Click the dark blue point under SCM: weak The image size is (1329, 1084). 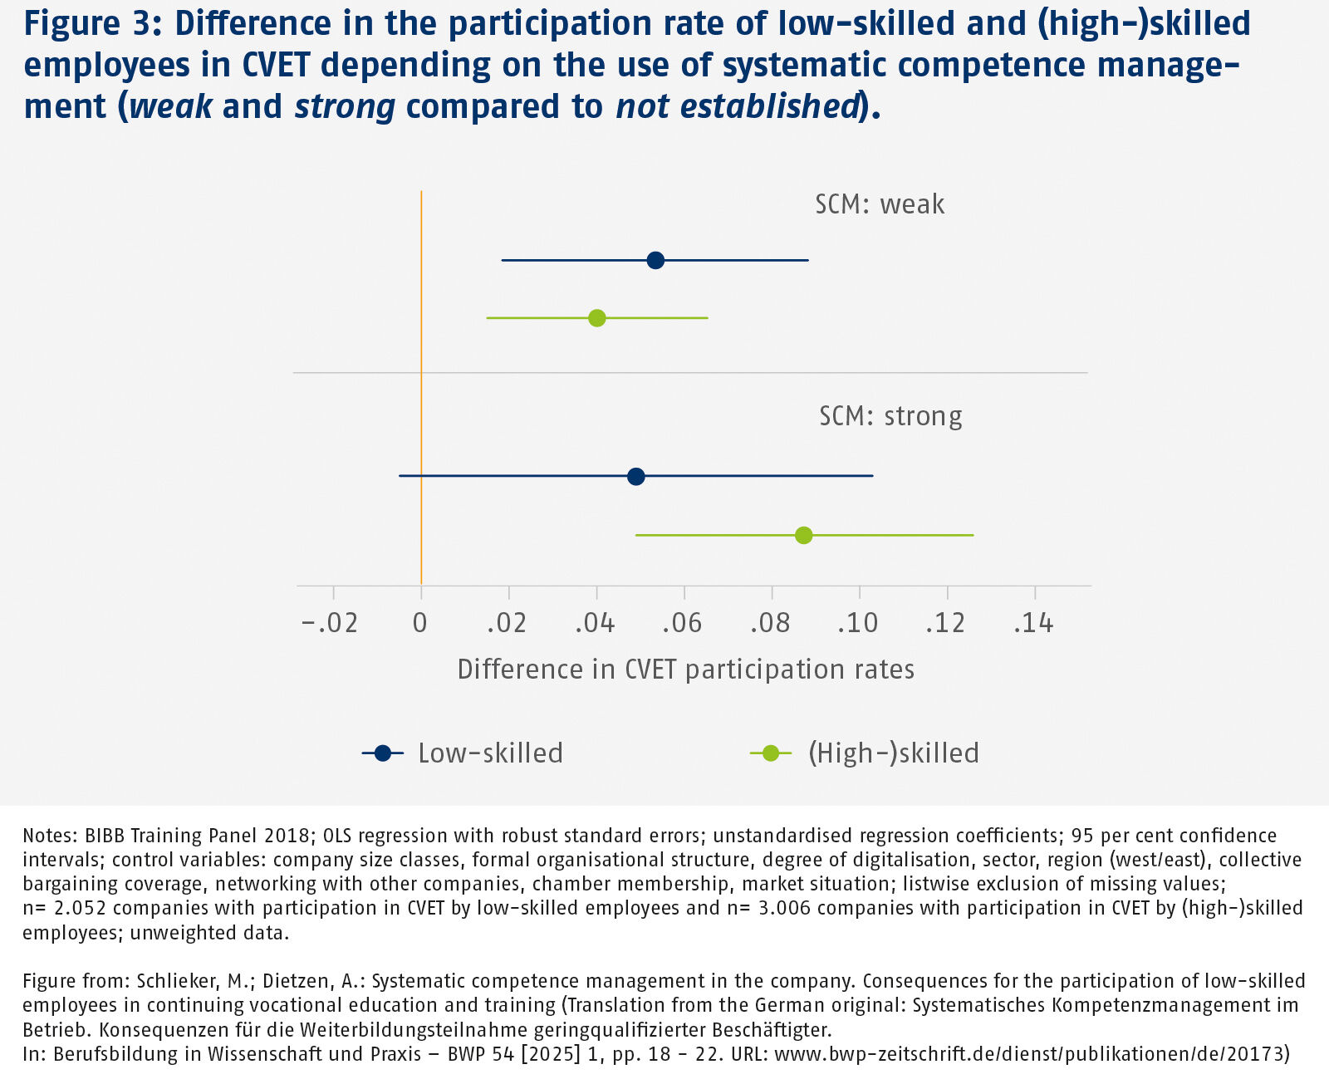point(655,260)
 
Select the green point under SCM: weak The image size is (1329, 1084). point(596,317)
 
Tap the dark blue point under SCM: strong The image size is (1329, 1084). point(636,476)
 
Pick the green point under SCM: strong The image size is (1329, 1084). point(803,535)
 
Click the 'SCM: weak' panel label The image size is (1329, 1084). point(880,204)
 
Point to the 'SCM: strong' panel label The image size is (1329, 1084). point(890,416)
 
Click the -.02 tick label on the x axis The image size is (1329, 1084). point(330,623)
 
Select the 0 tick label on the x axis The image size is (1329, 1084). point(420,623)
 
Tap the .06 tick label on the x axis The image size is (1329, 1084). point(682,623)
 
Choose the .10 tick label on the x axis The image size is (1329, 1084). point(857,623)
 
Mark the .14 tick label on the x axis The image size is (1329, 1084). point(1033,623)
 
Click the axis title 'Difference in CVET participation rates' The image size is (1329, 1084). point(685,670)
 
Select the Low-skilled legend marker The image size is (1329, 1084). point(383,753)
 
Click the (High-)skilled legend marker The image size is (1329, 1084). point(771,753)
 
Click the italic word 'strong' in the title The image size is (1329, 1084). point(345,107)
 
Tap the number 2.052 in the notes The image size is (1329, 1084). point(80,908)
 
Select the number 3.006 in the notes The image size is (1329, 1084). point(784,908)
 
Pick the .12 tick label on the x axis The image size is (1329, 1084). point(945,623)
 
